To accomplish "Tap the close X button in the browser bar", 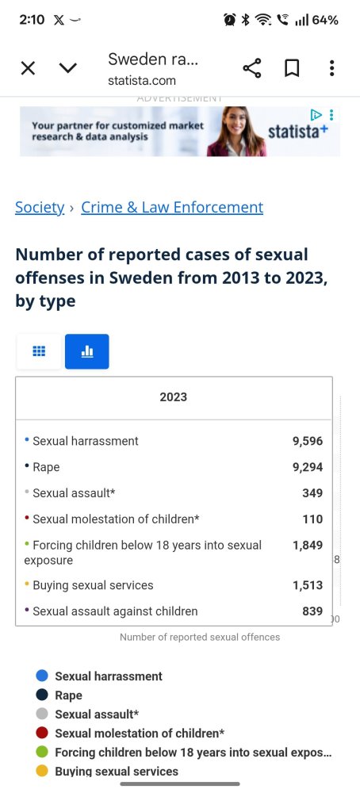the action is [29, 67].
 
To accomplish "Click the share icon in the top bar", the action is [252, 67].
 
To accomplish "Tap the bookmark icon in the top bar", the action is [292, 67].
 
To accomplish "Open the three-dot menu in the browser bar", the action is [331, 67].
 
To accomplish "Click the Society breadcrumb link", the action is [40, 207].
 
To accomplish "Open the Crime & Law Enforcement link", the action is [172, 207].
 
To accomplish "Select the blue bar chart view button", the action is [87, 351].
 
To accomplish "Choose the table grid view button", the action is [39, 351].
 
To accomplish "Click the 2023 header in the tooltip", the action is [174, 397].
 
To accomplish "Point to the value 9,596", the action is [308, 441].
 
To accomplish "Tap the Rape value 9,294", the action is [308, 467].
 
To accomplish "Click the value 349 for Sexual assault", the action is [312, 493].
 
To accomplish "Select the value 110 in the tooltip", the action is [312, 519].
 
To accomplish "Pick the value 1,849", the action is [308, 546].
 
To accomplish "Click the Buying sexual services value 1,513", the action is [308, 585].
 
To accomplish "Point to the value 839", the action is [312, 611].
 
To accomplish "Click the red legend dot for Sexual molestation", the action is [43, 733].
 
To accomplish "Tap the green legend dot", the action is [43, 752].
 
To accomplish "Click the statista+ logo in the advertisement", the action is [298, 132].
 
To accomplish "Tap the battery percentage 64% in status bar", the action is [325, 21].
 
